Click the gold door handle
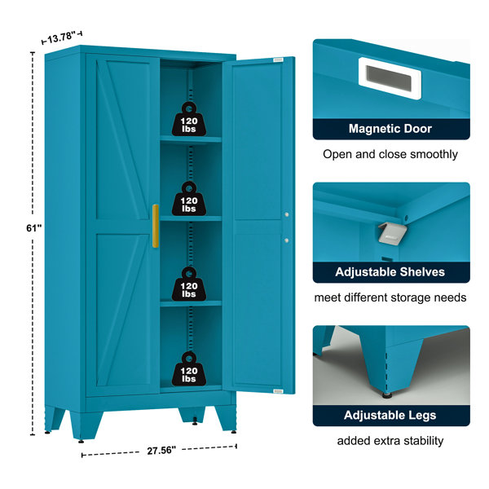pos(156,226)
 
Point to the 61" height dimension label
pos(33,228)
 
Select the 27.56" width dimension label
pos(161,451)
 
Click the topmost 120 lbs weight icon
pos(189,119)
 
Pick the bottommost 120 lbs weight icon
pos(189,368)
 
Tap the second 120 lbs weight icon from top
pos(189,199)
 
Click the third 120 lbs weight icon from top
pos(189,284)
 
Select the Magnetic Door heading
pos(390,129)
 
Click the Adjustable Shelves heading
pos(390,272)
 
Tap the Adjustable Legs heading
pos(390,415)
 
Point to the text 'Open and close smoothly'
pos(390,154)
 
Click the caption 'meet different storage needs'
pos(390,297)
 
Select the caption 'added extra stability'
pos(390,441)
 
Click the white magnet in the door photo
pos(390,78)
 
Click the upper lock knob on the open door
pos(287,214)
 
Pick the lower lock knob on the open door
pos(287,240)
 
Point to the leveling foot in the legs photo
pos(388,395)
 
